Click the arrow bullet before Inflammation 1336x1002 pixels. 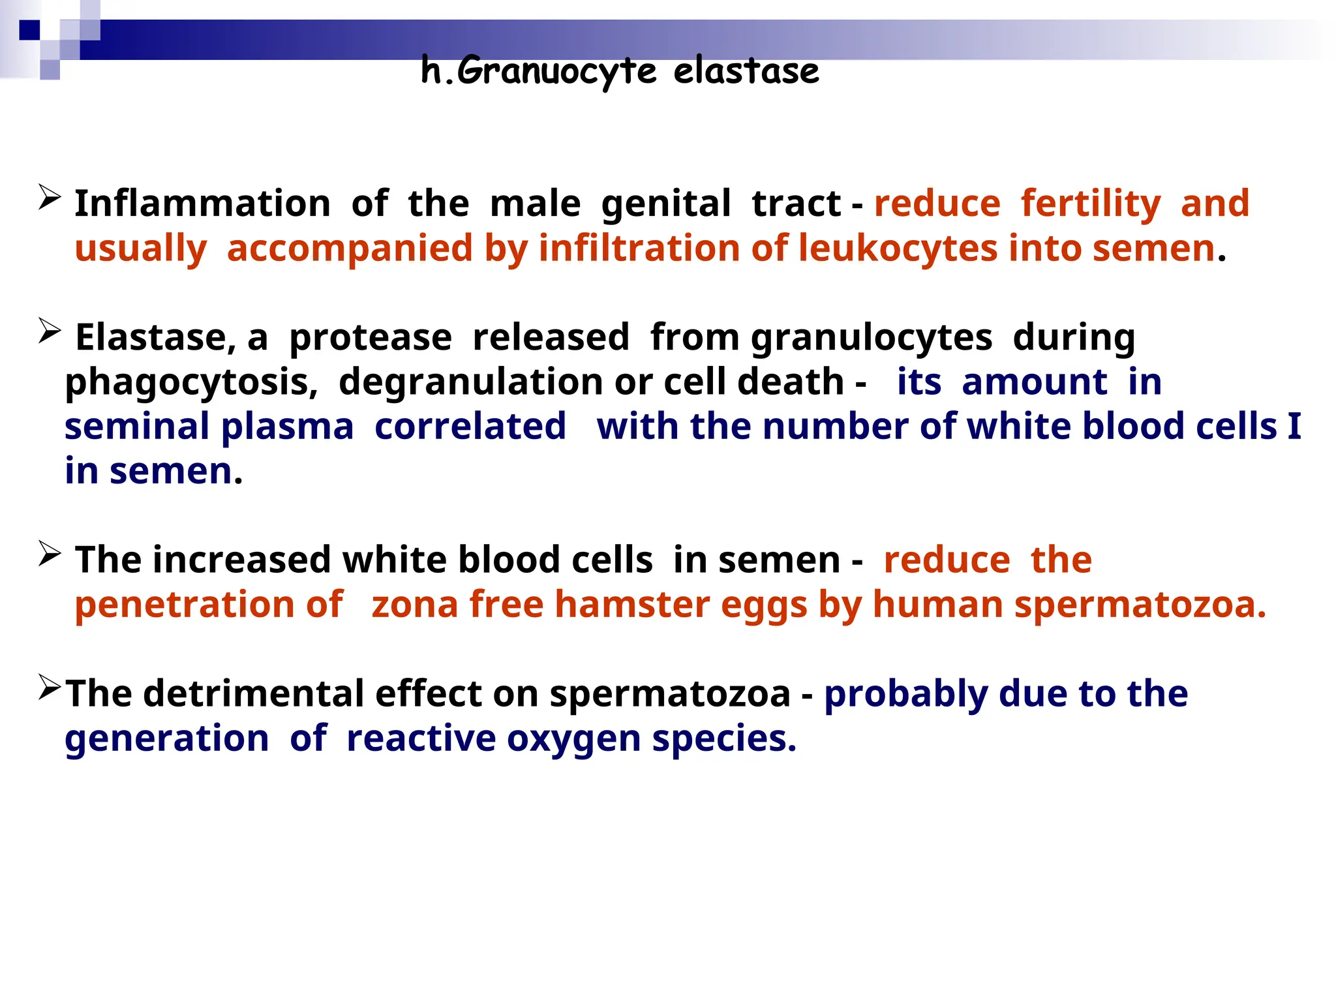tap(50, 198)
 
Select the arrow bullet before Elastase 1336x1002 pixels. tap(50, 331)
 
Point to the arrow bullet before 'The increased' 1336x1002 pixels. tap(50, 554)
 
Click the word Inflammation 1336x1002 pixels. tap(203, 203)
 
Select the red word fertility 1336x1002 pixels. tap(1091, 203)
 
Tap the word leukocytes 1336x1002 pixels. tap(898, 248)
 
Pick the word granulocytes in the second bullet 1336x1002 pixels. tap(872, 338)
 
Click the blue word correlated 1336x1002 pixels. tap(470, 427)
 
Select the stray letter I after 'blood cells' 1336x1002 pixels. tap(1294, 427)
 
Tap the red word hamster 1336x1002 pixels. tap(631, 604)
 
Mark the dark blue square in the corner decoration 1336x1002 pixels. tap(29, 30)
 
